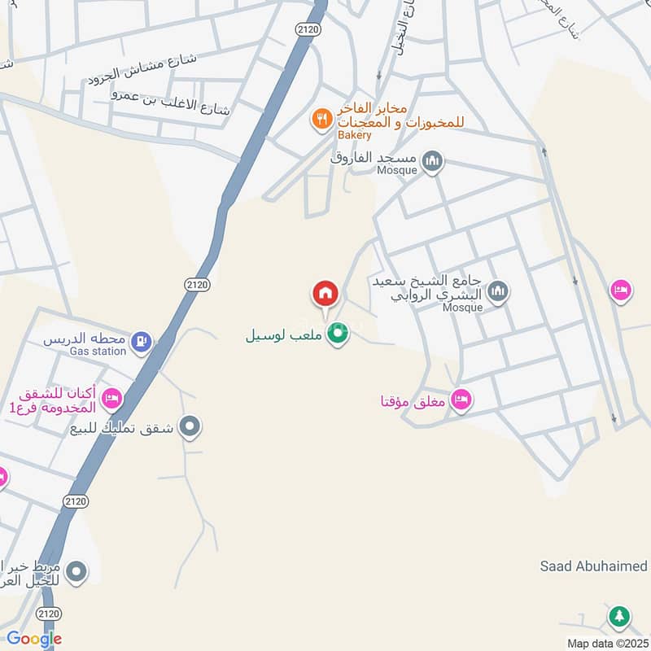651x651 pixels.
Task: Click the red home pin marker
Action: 325,292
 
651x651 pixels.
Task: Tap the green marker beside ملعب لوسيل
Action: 337,333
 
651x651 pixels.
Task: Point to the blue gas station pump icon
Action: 142,340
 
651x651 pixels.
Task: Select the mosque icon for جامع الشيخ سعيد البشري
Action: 498,291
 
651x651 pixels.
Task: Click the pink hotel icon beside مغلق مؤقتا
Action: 461,400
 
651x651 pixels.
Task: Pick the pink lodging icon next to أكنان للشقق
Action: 111,399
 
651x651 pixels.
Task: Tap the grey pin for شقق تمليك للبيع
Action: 190,426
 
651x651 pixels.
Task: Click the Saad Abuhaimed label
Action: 593,566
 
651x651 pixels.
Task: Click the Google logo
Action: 34,639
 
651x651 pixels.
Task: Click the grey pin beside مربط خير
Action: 76,572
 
